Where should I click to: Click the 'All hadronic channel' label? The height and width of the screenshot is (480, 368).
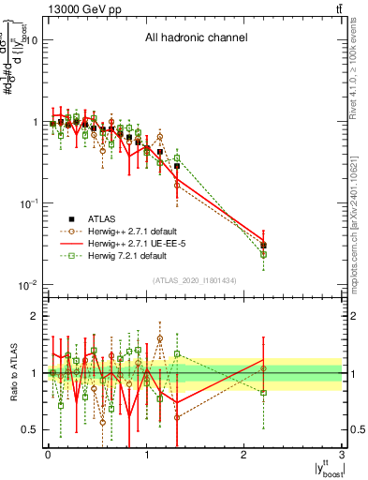coord(196,38)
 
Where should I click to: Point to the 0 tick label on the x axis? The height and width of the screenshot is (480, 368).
coord(47,456)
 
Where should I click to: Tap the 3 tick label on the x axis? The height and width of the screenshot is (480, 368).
coord(342,456)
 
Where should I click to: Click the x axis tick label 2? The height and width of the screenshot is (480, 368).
coord(243,456)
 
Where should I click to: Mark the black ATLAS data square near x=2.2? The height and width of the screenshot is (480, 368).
coord(264,246)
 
